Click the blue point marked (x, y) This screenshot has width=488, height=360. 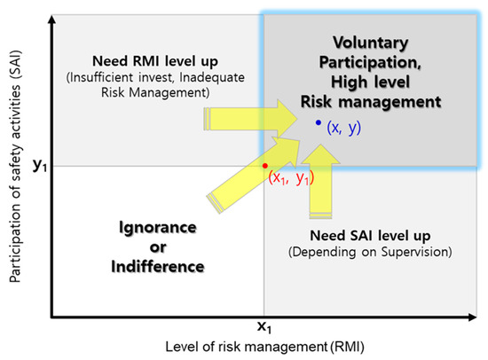click(x=318, y=122)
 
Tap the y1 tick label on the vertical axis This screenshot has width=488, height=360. click(x=39, y=165)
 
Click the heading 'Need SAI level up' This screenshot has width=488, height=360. click(x=370, y=237)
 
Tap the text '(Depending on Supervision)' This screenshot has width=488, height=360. click(x=370, y=254)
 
